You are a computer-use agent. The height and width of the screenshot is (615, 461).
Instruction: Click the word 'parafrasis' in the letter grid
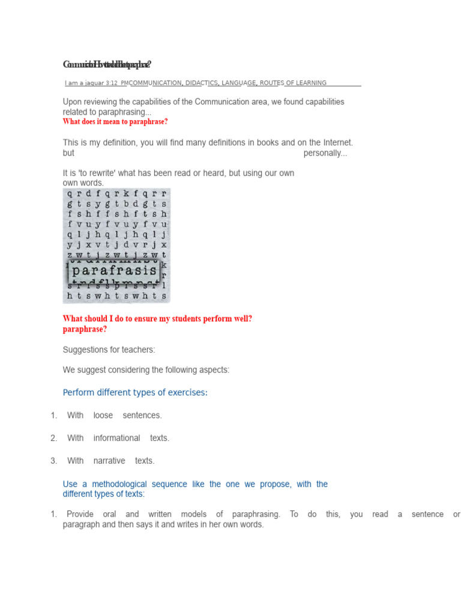click(113, 271)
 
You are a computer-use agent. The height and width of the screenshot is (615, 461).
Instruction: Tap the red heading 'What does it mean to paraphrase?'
click(115, 122)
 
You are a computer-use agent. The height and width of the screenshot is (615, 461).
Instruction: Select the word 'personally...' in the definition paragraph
click(325, 153)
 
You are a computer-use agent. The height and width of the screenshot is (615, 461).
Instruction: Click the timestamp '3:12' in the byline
click(112, 83)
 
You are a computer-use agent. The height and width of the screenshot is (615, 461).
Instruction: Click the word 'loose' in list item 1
click(103, 416)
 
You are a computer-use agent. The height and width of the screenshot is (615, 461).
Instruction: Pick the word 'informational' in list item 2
click(116, 438)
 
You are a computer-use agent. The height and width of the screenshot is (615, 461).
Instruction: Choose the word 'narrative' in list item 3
click(109, 461)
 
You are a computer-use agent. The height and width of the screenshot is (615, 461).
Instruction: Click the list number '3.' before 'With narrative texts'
click(53, 461)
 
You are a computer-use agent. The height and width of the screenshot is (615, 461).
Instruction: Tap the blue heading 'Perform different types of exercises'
click(135, 393)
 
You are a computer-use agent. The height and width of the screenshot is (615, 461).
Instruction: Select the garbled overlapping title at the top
click(107, 64)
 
